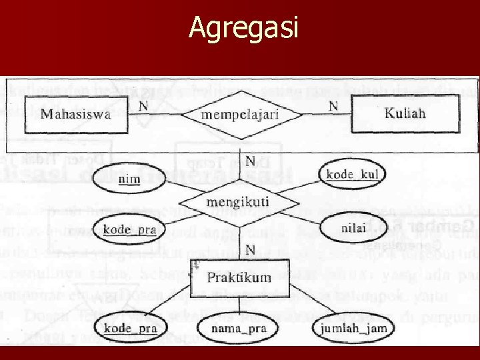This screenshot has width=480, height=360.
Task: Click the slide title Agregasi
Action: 244,28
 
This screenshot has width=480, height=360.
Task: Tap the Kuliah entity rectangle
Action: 405,113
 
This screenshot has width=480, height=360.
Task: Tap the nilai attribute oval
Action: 353,227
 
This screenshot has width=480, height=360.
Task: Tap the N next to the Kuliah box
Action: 333,105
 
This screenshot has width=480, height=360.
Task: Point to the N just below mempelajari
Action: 249,161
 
